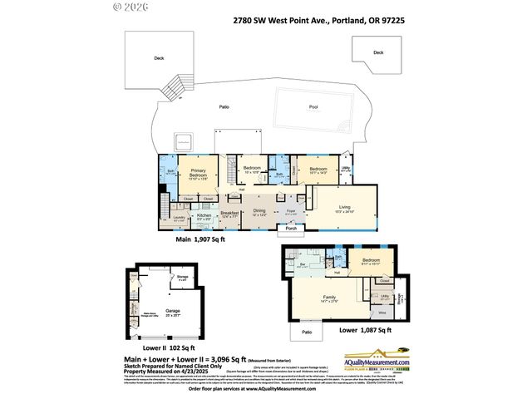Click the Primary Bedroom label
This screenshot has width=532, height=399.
(x=197, y=172)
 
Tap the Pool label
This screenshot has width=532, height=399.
(x=313, y=107)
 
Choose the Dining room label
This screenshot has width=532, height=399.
(x=259, y=211)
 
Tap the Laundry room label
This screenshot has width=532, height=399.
(x=179, y=219)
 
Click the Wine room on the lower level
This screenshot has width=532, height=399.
(x=383, y=313)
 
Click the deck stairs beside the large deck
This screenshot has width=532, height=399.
(x=175, y=87)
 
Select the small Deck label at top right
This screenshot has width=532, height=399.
(x=378, y=52)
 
